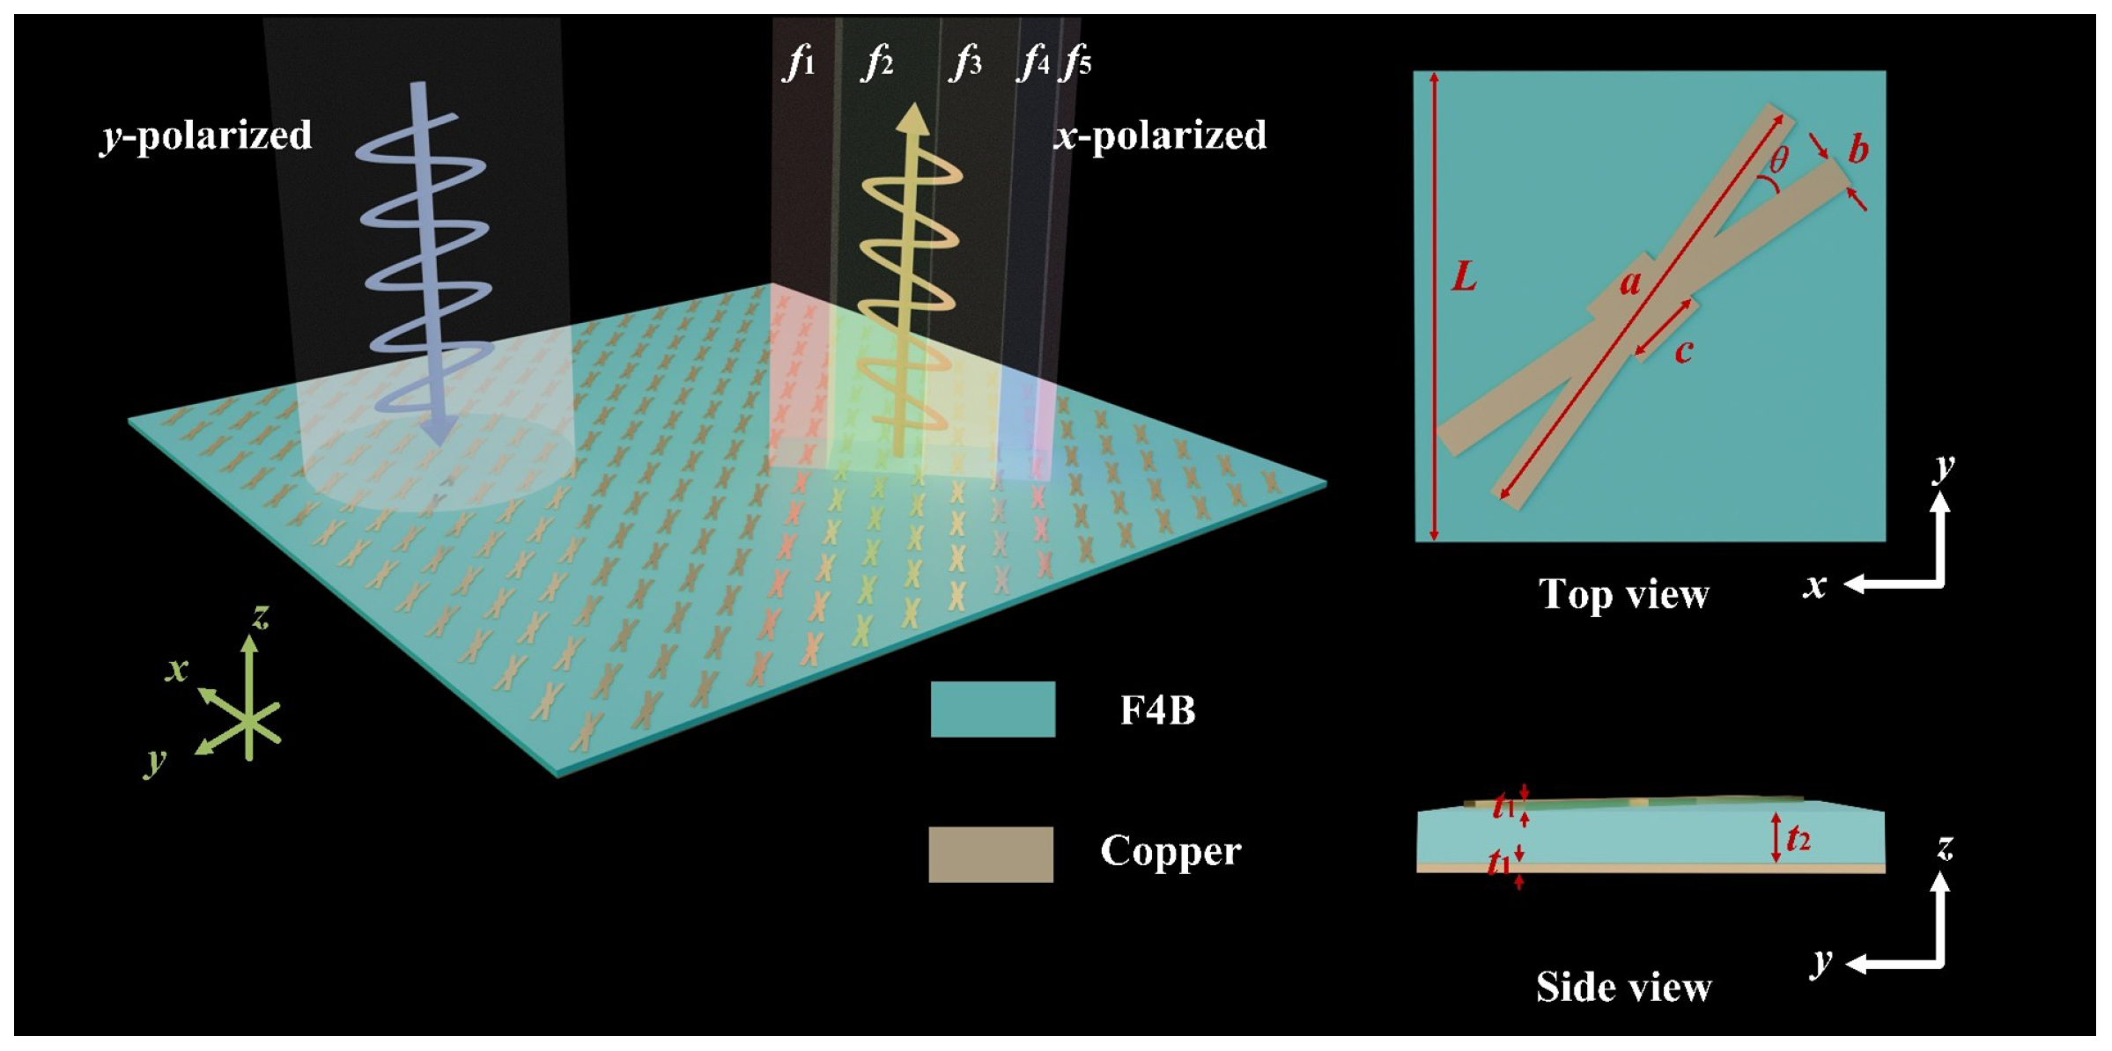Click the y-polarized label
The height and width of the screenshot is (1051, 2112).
(206, 136)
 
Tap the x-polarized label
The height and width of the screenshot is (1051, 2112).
(1160, 136)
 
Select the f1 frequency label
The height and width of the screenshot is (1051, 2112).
(799, 63)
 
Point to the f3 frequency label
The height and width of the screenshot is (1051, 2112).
(965, 63)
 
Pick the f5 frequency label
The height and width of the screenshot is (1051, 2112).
(1077, 63)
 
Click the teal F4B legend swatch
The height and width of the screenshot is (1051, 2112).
(993, 709)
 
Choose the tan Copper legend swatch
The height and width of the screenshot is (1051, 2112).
(991, 854)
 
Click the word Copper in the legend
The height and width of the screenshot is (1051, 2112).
(1170, 851)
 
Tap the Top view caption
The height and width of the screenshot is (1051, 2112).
(1623, 595)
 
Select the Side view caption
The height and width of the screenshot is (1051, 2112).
(1623, 987)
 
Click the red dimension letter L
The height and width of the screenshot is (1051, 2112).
(1464, 278)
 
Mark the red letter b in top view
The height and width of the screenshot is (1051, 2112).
(1857, 149)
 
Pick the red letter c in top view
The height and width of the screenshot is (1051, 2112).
(1684, 351)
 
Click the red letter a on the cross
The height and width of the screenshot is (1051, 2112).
(1631, 283)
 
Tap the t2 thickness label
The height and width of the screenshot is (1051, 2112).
(1798, 839)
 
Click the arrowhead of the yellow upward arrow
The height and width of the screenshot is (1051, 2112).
(915, 119)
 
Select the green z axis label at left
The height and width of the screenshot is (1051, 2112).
(260, 617)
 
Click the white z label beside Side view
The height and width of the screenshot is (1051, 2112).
(1945, 848)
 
